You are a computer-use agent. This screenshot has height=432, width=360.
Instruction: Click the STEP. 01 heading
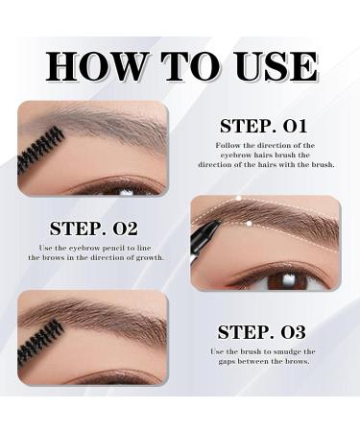pyautogui.click(x=263, y=126)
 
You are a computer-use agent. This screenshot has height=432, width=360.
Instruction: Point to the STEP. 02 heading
pyautogui.click(x=93, y=228)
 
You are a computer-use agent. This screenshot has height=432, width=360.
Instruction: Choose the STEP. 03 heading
pyautogui.click(x=261, y=333)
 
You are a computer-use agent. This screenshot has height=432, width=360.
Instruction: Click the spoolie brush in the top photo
pyautogui.click(x=39, y=150)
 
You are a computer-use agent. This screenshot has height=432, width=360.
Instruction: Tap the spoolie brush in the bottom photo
pyautogui.click(x=39, y=340)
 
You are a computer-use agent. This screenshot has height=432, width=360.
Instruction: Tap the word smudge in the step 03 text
pyautogui.click(x=288, y=351)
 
